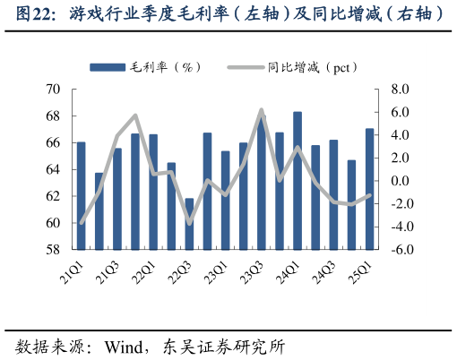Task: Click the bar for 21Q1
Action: tap(82, 195)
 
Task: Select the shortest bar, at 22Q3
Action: tap(189, 224)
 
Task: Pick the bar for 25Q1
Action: tap(369, 189)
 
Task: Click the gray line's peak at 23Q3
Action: tap(261, 110)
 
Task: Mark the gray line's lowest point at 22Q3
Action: tap(189, 222)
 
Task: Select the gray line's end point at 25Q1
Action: tap(369, 195)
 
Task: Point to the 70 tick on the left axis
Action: tap(53, 90)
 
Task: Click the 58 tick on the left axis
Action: tap(53, 250)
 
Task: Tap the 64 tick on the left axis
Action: tap(53, 169)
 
